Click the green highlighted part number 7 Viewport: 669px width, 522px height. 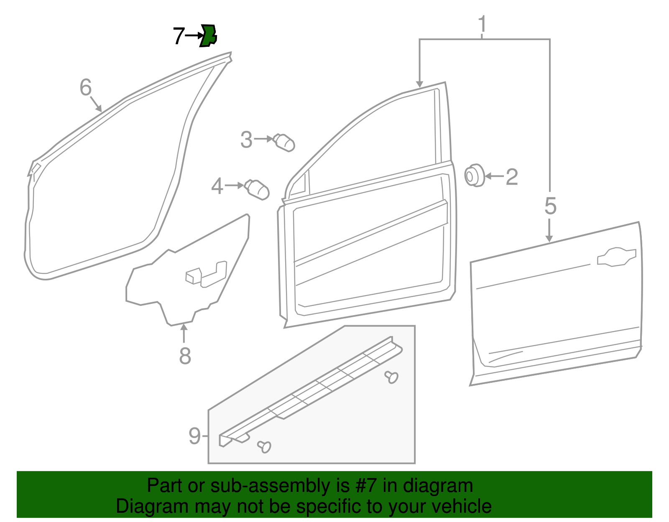(208, 36)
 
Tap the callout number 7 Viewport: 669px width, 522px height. (179, 36)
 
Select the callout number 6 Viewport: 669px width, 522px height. (85, 87)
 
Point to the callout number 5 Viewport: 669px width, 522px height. (550, 206)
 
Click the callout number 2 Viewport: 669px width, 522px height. (512, 177)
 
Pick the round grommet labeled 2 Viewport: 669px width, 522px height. (474, 175)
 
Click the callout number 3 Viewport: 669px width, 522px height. (246, 140)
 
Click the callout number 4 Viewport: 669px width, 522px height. (217, 186)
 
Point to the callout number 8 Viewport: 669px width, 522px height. (185, 356)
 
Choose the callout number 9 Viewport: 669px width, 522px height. (194, 436)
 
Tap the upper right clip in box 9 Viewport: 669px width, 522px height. (391, 377)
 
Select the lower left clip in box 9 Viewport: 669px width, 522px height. (264, 446)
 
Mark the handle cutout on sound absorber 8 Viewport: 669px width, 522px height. (206, 274)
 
